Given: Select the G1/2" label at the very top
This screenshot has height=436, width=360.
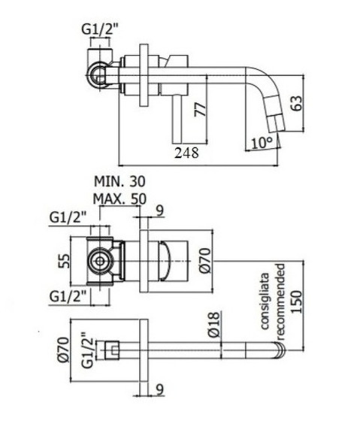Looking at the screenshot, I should [101, 30].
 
